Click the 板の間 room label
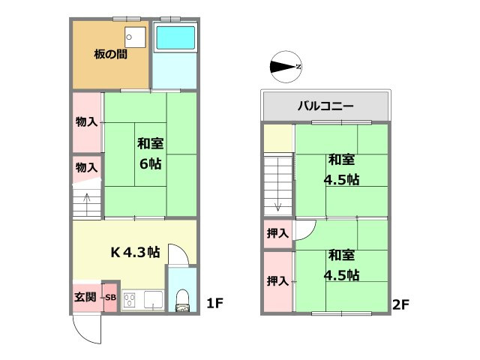point(109,55)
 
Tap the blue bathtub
point(174,38)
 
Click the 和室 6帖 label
point(150,153)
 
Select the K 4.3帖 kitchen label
point(135,252)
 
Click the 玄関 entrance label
point(85,297)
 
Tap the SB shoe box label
point(109,297)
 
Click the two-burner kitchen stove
point(128,300)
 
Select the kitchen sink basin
point(154,300)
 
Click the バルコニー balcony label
point(325,106)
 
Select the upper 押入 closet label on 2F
point(277,233)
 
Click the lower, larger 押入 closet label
point(277,281)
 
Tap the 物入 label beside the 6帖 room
point(87,121)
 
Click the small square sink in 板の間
point(133,36)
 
